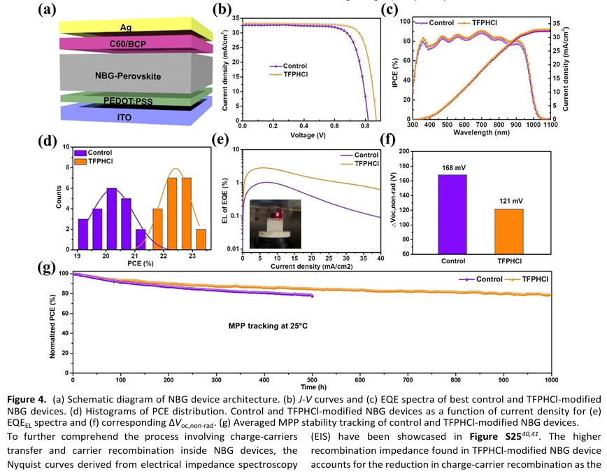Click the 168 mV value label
coord(452,168)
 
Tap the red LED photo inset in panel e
coord(275,223)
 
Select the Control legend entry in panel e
coord(359,155)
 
